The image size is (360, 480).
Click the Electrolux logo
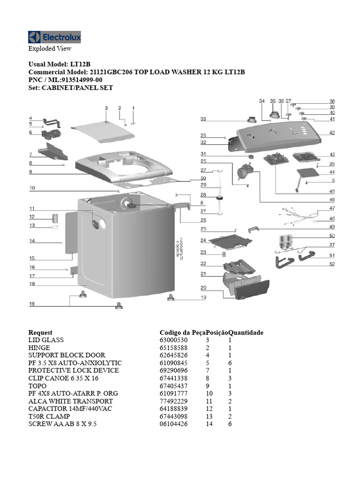pos(54,37)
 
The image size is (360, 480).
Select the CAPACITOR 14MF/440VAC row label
pos(64,409)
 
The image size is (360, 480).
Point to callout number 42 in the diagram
pos(332,133)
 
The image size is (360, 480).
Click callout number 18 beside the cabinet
pos(32,284)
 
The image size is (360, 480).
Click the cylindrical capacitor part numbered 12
pos(55,217)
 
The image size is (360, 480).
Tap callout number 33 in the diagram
pos(203,119)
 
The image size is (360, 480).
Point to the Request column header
pos(40,332)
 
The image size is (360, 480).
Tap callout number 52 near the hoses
pos(332,264)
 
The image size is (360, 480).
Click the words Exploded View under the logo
pos(50,48)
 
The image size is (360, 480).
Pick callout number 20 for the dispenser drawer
pos(203,288)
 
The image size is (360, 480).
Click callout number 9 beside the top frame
pos(30,172)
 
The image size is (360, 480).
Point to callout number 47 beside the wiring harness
pos(332,208)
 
